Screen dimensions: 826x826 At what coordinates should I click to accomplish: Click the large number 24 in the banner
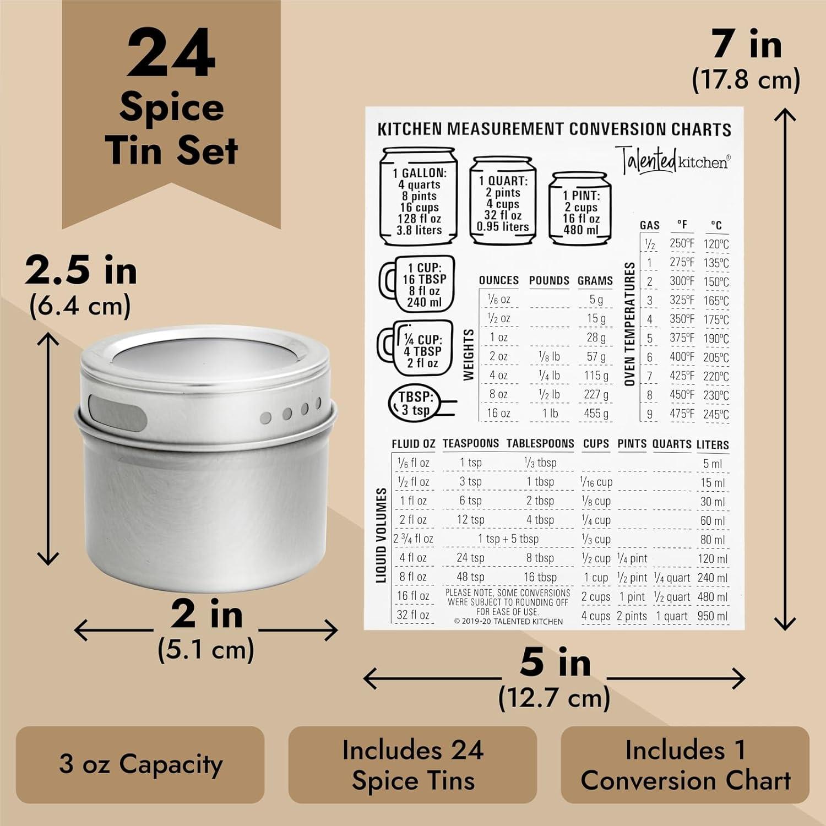click(x=171, y=54)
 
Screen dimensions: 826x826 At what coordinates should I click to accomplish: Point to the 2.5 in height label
click(x=81, y=271)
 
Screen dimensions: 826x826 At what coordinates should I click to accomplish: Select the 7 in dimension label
click(x=746, y=44)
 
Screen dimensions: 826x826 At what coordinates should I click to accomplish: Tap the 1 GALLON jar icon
click(x=419, y=196)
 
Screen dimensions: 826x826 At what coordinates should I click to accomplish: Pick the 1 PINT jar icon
click(x=580, y=209)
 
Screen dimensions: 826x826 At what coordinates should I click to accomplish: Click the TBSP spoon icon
click(x=421, y=403)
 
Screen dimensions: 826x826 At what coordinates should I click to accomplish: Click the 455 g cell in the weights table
click(x=596, y=413)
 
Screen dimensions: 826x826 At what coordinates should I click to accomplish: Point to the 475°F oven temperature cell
click(x=682, y=413)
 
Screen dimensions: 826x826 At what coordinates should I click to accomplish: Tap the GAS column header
click(x=649, y=225)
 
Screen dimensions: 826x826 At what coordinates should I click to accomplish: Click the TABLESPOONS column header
click(x=540, y=443)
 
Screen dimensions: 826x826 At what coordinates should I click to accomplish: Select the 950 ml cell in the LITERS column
click(x=712, y=616)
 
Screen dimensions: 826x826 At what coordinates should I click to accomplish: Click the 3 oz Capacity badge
click(x=140, y=764)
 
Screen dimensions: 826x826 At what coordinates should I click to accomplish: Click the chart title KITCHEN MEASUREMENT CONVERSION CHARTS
click(x=554, y=129)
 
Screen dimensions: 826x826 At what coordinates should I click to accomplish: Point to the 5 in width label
click(x=555, y=663)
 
